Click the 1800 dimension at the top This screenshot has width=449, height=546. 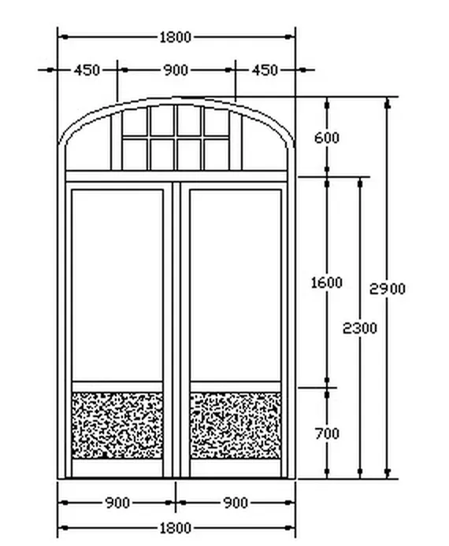pyautogui.click(x=176, y=37)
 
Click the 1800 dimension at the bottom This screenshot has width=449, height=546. pyautogui.click(x=176, y=528)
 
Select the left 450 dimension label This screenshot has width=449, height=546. pyautogui.click(x=87, y=70)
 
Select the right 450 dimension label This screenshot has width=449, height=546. pyautogui.click(x=265, y=70)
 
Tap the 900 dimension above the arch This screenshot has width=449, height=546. pyautogui.click(x=176, y=70)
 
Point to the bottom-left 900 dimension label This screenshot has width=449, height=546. pyautogui.click(x=117, y=503)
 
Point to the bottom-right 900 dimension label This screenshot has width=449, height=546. pyautogui.click(x=236, y=503)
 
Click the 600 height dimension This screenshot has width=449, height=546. pyautogui.click(x=326, y=138)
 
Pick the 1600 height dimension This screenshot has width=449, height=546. pyautogui.click(x=326, y=282)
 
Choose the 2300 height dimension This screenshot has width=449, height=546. pyautogui.click(x=360, y=328)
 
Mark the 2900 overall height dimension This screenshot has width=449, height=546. pyautogui.click(x=388, y=289)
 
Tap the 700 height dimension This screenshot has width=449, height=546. pyautogui.click(x=327, y=433)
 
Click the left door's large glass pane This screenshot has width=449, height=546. pyautogui.click(x=117, y=285)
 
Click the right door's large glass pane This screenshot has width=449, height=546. pyautogui.click(x=236, y=285)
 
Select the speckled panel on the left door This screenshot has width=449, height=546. pyautogui.click(x=117, y=425)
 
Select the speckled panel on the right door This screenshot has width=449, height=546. pyautogui.click(x=236, y=425)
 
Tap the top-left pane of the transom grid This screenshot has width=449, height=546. pyautogui.click(x=135, y=122)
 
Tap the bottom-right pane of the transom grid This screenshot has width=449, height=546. pyautogui.click(x=217, y=155)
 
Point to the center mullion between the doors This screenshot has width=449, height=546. pyautogui.click(x=176, y=330)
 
